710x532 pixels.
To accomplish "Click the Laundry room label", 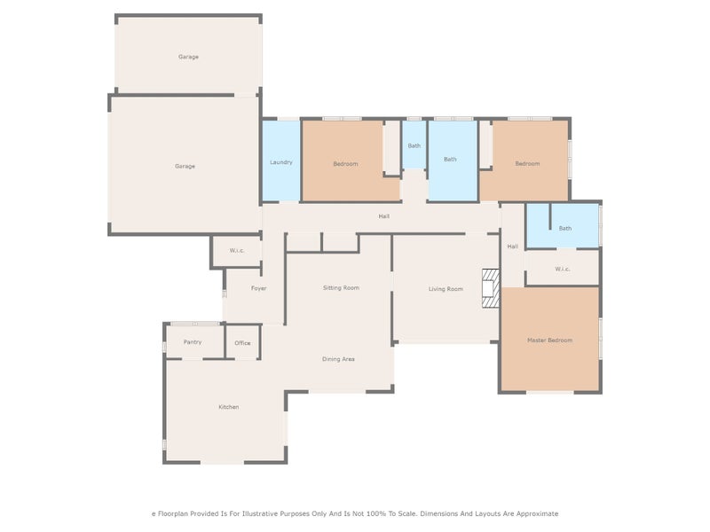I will [x=281, y=163].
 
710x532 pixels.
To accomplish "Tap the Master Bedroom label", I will [x=549, y=340].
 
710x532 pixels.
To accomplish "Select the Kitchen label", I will [x=229, y=407].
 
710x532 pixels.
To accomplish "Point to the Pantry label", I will [x=193, y=342].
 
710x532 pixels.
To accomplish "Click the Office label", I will [x=242, y=343].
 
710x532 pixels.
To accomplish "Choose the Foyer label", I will [x=258, y=288].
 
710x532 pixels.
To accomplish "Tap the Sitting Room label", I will [x=341, y=288].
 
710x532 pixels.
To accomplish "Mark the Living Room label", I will [x=446, y=289].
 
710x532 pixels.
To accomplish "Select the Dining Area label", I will [x=338, y=359].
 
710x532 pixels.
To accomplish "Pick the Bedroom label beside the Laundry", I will [x=345, y=164].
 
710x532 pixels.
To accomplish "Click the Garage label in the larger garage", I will [x=185, y=167].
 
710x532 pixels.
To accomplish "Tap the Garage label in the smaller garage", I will [x=188, y=57].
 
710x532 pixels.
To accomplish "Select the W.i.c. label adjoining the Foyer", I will [x=237, y=251].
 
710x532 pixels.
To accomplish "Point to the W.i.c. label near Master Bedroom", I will [x=563, y=270].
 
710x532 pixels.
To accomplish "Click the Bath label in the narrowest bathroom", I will [x=414, y=146].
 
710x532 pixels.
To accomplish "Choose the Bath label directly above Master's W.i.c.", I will [x=565, y=229].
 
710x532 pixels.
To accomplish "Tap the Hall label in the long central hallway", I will [x=383, y=216].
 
